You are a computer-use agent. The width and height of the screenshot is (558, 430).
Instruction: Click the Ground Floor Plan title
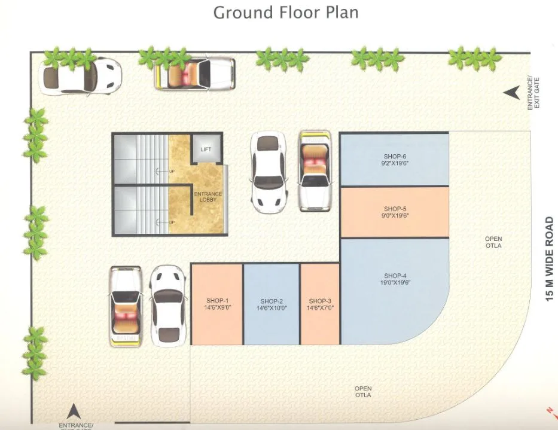tap(286, 12)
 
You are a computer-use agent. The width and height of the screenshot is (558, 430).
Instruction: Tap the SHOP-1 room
tap(217, 304)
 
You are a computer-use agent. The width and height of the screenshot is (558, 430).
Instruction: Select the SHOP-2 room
tap(272, 304)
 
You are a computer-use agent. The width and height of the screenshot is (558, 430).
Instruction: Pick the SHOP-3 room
tap(320, 304)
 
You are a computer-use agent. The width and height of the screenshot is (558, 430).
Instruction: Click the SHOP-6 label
tap(395, 157)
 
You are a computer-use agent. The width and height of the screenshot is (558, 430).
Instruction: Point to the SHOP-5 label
tap(395, 209)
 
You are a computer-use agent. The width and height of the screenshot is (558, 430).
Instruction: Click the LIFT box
tap(206, 149)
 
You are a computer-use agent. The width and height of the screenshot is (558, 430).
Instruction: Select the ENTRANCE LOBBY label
tap(208, 197)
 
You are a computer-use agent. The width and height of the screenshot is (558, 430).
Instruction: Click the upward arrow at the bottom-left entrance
tap(74, 411)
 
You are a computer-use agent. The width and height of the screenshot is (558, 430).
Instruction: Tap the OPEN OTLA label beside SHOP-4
tap(493, 242)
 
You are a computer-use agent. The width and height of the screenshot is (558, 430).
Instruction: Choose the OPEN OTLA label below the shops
tap(362, 392)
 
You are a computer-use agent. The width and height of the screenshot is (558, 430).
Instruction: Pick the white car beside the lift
tap(267, 172)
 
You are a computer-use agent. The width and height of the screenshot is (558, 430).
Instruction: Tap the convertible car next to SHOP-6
tap(315, 170)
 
